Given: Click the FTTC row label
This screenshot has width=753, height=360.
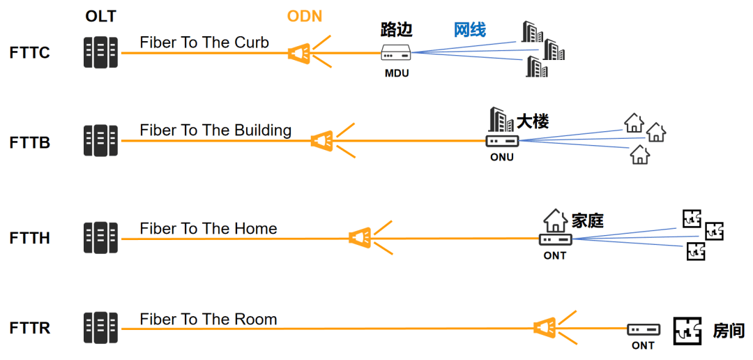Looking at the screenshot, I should click(x=30, y=53).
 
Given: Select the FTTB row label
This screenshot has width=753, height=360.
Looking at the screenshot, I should click(x=30, y=143).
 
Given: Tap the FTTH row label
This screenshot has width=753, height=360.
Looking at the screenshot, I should click(x=30, y=238).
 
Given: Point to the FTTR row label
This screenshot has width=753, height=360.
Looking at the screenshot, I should click(x=30, y=328).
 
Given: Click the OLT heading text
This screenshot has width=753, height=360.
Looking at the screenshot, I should click(x=100, y=15).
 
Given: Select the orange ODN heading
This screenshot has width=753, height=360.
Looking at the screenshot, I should click(x=305, y=15).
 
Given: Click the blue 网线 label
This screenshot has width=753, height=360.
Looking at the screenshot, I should click(x=470, y=30).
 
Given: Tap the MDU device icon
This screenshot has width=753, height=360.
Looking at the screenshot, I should click(x=397, y=53).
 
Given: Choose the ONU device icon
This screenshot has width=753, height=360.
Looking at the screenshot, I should click(x=502, y=140).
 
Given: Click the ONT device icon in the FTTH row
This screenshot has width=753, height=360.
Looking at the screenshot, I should click(x=555, y=239).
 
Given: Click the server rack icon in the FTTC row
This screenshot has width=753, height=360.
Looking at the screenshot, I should click(x=100, y=53).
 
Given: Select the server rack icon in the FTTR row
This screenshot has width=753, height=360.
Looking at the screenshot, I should click(x=100, y=328).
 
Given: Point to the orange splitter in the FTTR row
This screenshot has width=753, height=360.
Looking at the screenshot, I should click(x=545, y=327).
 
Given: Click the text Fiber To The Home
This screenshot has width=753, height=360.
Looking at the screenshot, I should click(x=208, y=229).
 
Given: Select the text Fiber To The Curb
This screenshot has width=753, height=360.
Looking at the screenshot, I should click(x=204, y=43).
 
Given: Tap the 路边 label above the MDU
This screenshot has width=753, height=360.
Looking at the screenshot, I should click(x=397, y=29).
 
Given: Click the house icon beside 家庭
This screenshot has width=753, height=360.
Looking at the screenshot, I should click(x=555, y=220).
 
